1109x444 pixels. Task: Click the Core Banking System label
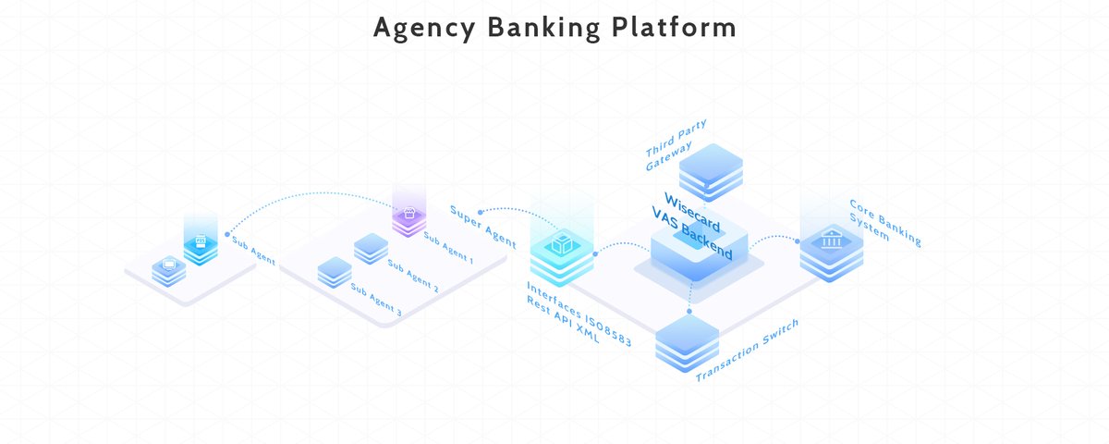click(x=884, y=222)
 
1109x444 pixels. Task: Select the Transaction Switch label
click(x=747, y=350)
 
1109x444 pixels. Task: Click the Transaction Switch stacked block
click(x=688, y=343)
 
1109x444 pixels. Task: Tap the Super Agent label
click(x=482, y=226)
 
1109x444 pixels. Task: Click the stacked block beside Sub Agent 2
click(x=372, y=247)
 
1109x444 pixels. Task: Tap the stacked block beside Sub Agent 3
click(x=335, y=272)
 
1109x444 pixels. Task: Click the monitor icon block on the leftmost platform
click(x=169, y=269)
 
